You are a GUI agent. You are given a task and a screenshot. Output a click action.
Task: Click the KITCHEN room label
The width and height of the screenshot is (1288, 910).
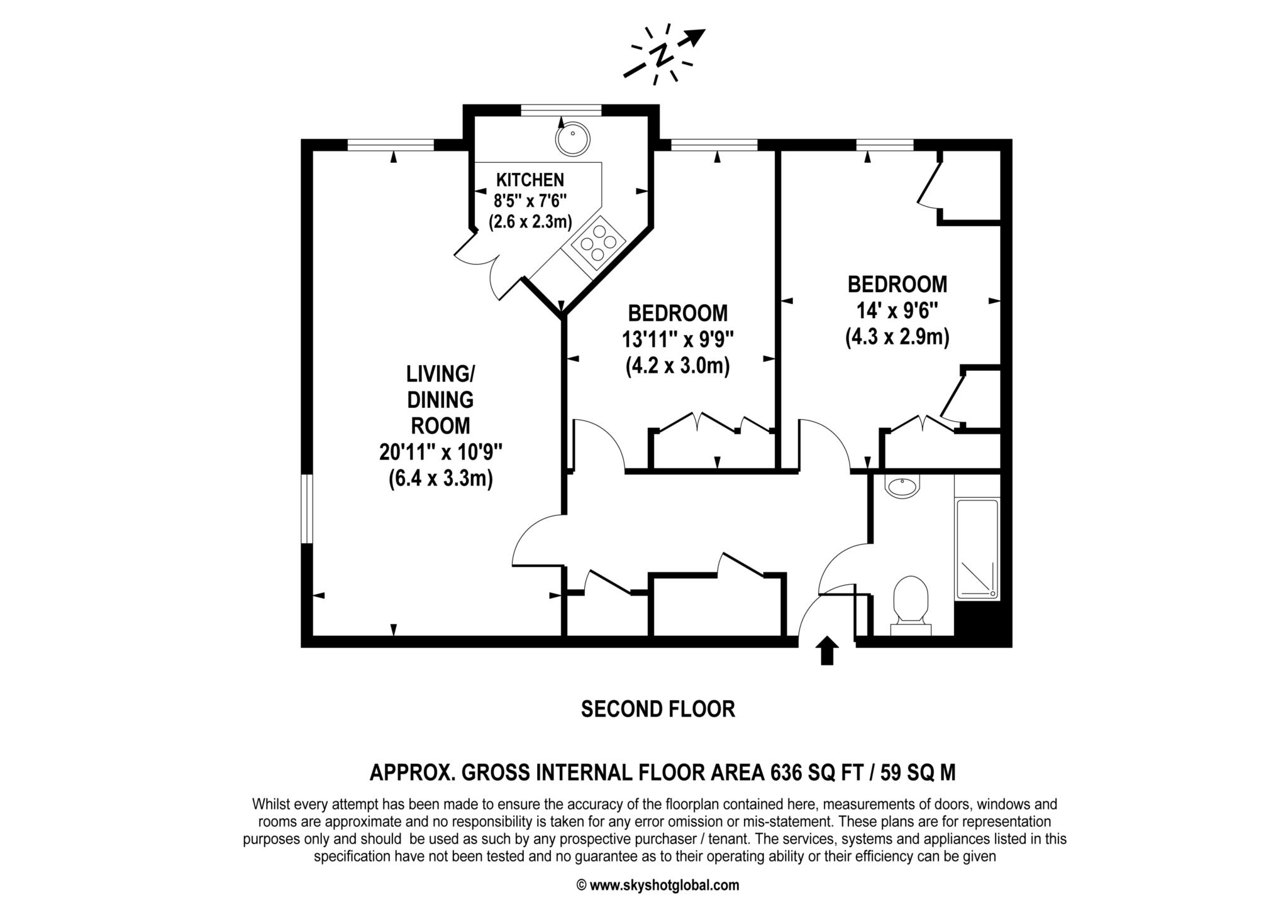530,180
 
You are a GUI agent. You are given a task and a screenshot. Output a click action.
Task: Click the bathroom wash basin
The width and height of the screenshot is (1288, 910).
902,486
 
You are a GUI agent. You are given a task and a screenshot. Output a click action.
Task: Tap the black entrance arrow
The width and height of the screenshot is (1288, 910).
827,650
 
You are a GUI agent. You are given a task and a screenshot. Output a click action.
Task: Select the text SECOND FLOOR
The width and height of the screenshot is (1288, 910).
658,709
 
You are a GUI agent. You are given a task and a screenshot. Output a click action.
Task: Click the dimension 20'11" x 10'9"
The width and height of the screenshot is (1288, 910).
441,452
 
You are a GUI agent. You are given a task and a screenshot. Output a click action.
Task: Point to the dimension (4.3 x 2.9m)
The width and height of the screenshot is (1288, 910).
897,337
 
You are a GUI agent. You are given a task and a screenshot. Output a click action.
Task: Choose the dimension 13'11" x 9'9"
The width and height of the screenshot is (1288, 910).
678,340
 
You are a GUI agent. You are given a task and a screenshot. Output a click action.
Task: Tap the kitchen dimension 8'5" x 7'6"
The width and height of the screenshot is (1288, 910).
530,201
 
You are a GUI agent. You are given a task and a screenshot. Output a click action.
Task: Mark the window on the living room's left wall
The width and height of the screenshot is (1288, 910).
307,508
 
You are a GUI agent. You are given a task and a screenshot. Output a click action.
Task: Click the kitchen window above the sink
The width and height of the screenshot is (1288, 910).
561,111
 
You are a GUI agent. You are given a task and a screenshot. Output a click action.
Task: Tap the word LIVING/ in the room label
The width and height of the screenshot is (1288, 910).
441,374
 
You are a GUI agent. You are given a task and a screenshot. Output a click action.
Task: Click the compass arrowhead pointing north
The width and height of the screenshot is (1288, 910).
696,36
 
